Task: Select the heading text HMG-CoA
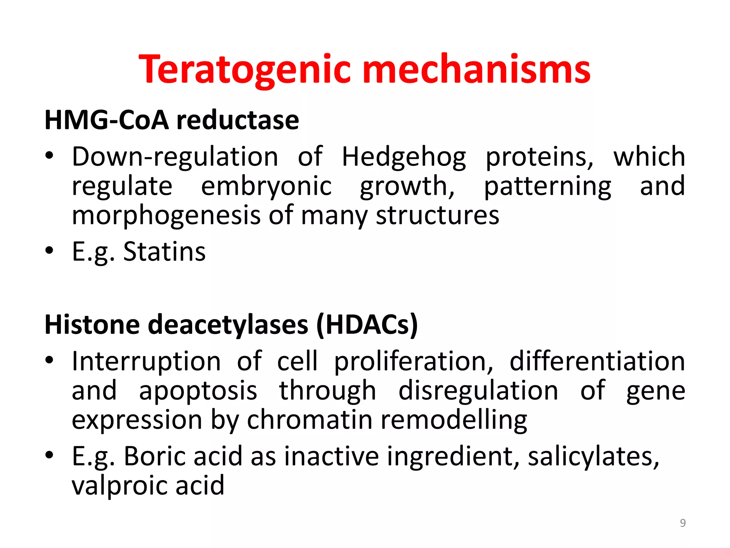point(106,120)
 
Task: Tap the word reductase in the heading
point(238,120)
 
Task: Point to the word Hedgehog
point(403,157)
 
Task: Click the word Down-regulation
point(175,157)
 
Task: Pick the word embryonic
point(266,187)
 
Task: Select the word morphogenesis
point(166,216)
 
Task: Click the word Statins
point(164,252)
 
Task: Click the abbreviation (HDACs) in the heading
point(367,325)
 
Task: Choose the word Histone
point(92,325)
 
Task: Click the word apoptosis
point(198,391)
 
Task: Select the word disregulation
point(478,391)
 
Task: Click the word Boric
point(155,456)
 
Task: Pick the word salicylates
point(593,456)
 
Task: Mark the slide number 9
point(683,523)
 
